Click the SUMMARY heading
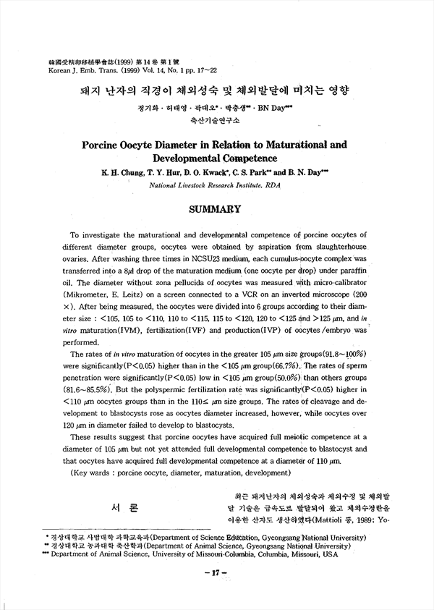(x=214, y=209)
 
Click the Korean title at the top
(x=214, y=92)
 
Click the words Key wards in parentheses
(x=101, y=473)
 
